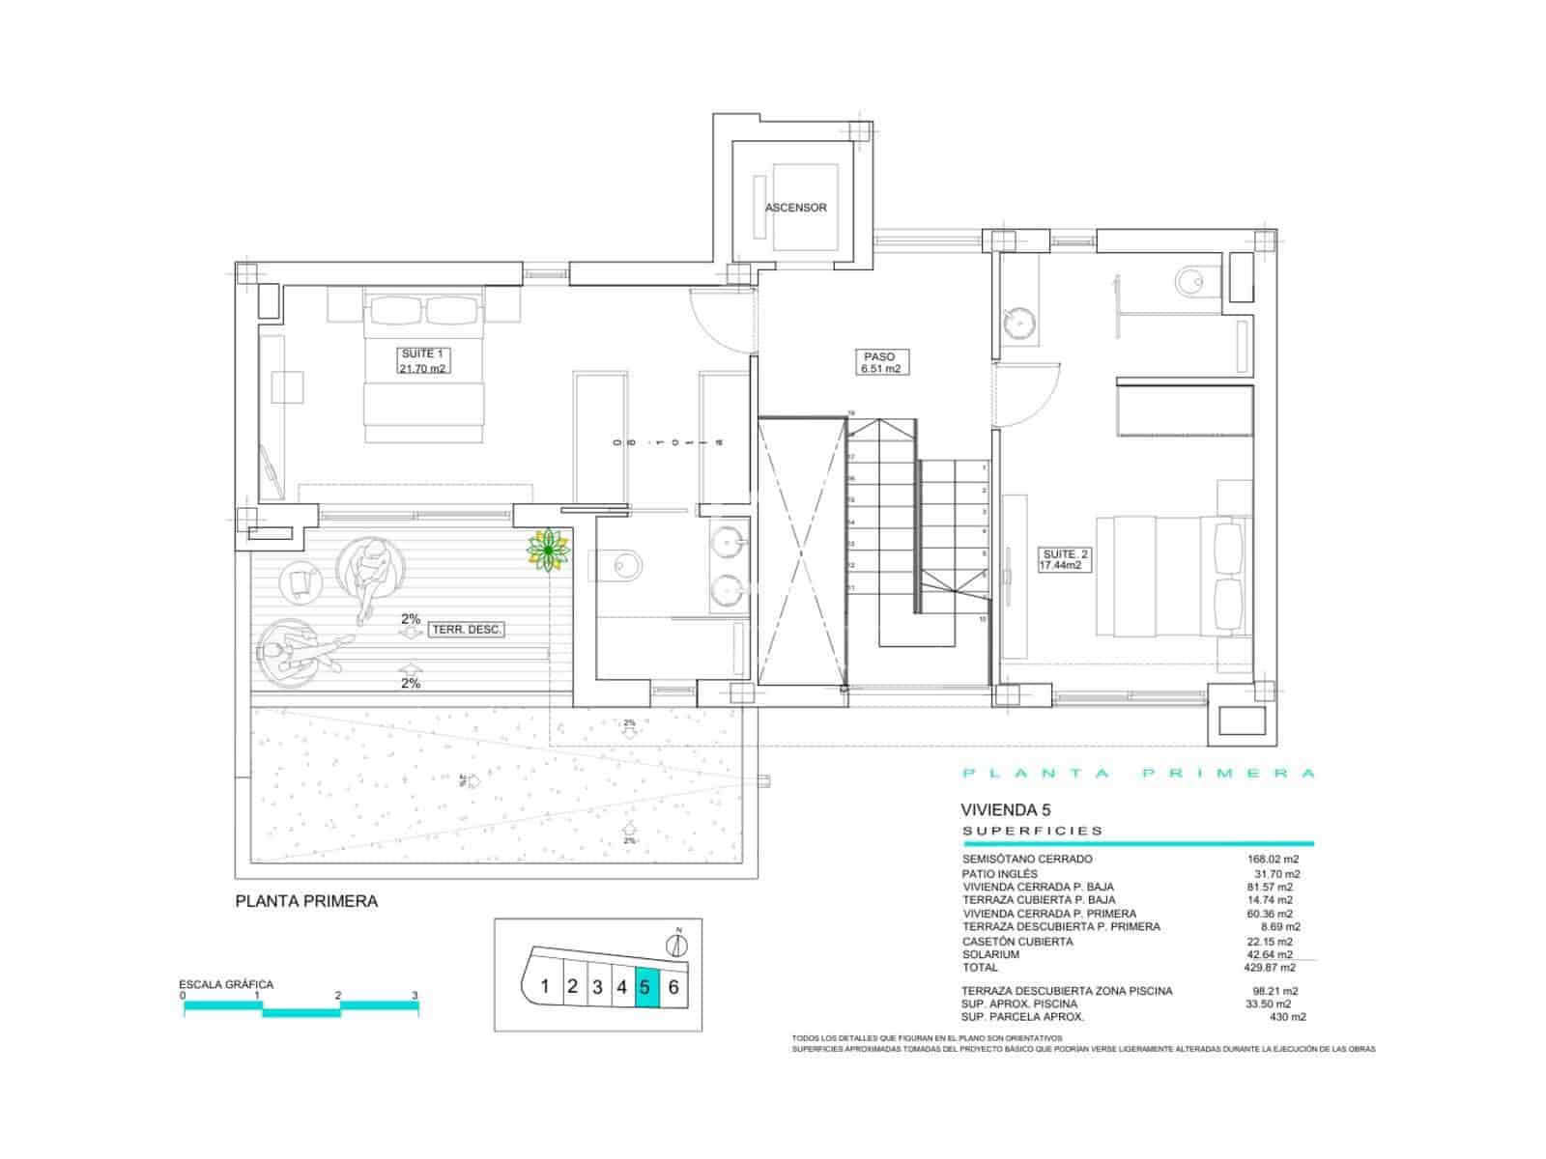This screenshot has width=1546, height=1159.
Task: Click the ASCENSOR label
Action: coord(795,208)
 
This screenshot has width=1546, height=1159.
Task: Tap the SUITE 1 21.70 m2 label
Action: coord(423,361)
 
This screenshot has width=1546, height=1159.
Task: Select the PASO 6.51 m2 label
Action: coord(880,362)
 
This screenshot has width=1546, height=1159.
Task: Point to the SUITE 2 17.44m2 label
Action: coord(1065,560)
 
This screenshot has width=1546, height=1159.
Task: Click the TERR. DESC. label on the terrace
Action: coord(467,630)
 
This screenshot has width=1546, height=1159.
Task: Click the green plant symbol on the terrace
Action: coord(548,551)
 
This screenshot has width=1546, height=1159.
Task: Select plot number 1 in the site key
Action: coord(545,987)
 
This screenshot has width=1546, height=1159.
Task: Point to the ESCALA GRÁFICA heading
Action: coord(226,985)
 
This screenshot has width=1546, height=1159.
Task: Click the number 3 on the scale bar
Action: coord(415,995)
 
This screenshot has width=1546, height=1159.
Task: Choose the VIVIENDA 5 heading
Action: coord(1005,809)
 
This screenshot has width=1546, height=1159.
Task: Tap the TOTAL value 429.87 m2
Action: coord(1270,967)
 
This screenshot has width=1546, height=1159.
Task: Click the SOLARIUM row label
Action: coord(990,954)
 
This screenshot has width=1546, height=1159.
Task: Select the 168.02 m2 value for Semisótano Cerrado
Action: coord(1273,859)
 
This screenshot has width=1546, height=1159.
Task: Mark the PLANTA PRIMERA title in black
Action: coord(306,901)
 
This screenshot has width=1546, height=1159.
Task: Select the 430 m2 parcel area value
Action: coord(1287,1017)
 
